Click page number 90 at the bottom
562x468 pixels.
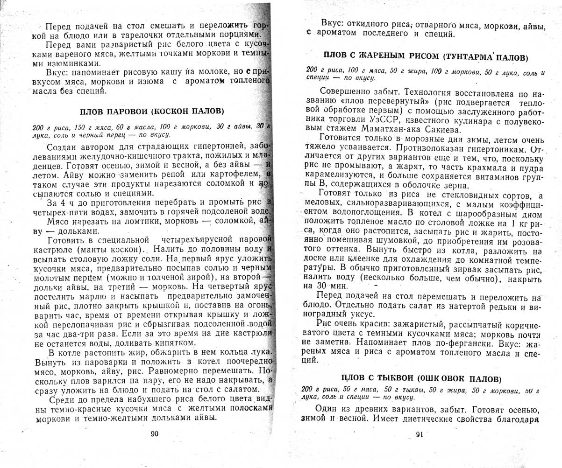click(155, 433)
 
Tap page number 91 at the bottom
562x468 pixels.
click(420, 434)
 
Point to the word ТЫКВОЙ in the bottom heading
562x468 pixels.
click(391, 378)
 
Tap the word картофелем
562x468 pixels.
click(240, 174)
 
